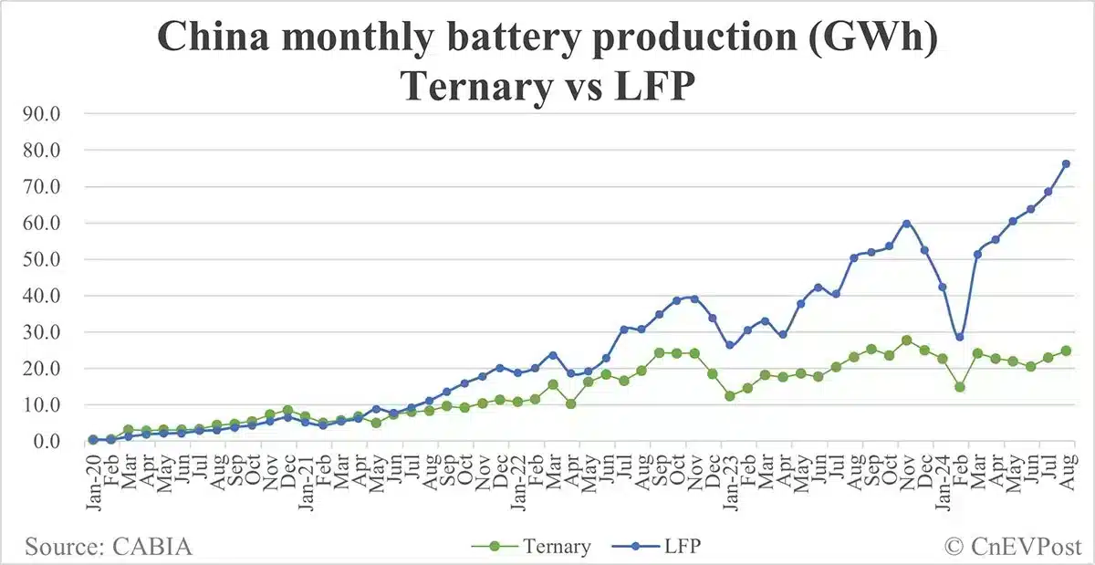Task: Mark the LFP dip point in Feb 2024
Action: point(959,337)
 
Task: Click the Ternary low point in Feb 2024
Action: point(959,387)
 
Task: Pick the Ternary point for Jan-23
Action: point(729,396)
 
